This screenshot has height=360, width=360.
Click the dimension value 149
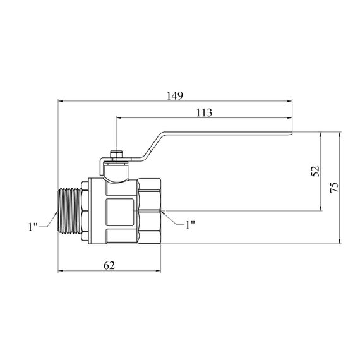point(175,96)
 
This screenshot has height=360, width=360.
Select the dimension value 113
point(204,112)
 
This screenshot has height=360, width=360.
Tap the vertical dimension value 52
point(315,171)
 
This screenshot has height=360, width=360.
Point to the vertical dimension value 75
point(334,188)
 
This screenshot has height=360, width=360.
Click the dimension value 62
point(109,266)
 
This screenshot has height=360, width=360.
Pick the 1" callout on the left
point(33,227)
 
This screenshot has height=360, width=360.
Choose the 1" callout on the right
point(190,225)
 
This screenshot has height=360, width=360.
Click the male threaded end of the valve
point(70,211)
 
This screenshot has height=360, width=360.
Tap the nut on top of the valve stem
point(116,155)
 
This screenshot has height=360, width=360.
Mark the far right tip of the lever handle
point(292,133)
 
